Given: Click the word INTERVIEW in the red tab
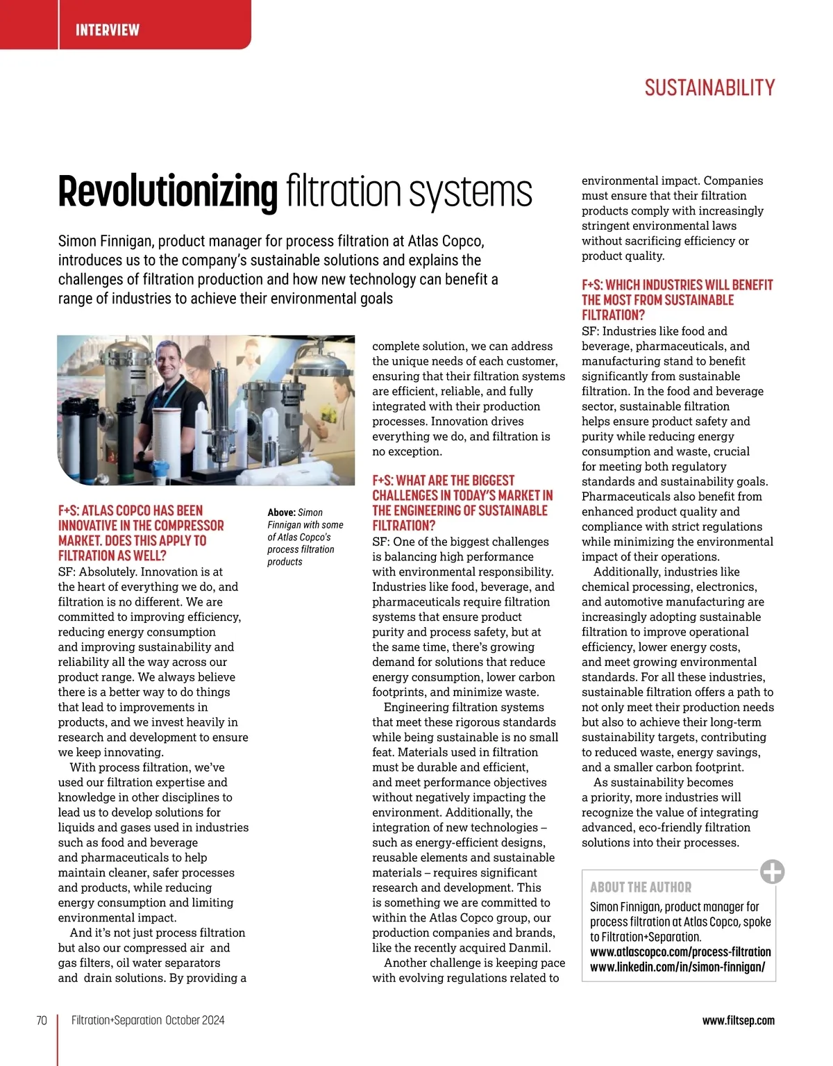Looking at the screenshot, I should pyautogui.click(x=108, y=30).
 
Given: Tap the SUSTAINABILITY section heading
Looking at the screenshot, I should pyautogui.click(x=709, y=88).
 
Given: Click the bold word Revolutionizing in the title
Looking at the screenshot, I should pyautogui.click(x=167, y=192).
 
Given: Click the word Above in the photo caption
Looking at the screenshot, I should pyautogui.click(x=281, y=513).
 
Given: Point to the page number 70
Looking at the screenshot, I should pyautogui.click(x=42, y=1020).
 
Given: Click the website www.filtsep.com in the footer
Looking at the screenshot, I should pyautogui.click(x=738, y=1020).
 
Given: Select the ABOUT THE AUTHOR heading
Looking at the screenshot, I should pyautogui.click(x=641, y=888).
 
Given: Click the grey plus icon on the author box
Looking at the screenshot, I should pyautogui.click(x=772, y=871).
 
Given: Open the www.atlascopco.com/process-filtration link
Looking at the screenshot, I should pyautogui.click(x=680, y=952).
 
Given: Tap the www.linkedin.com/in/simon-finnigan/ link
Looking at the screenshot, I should pyautogui.click(x=678, y=967).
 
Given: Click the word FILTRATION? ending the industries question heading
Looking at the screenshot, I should pyautogui.click(x=613, y=315).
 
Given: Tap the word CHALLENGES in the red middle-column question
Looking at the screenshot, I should pyautogui.click(x=405, y=496).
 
